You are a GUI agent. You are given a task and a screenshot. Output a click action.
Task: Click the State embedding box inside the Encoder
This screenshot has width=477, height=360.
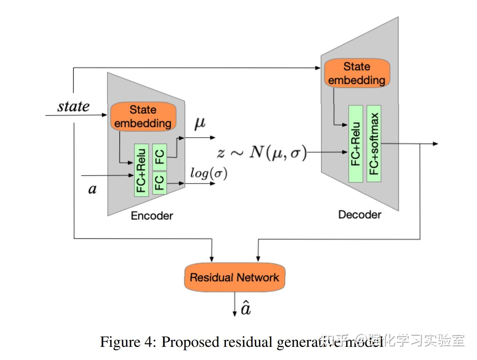coord(143,116)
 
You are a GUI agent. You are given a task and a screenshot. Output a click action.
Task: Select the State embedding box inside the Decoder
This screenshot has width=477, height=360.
coord(357,73)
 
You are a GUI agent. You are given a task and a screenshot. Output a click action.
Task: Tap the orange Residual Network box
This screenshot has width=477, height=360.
coord(234,277)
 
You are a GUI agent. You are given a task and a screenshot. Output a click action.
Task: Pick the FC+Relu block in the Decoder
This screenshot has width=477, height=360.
coord(355,144)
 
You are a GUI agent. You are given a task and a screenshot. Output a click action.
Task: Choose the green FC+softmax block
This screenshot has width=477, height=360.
coord(374,144)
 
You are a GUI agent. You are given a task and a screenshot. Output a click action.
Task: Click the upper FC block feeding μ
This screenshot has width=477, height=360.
coord(159,157)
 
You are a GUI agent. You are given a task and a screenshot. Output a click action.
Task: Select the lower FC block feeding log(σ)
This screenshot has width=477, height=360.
coord(159,183)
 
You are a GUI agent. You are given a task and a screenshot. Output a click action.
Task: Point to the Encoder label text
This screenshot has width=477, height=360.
coord(152,216)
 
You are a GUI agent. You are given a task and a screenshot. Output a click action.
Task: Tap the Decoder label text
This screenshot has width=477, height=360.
coord(360,215)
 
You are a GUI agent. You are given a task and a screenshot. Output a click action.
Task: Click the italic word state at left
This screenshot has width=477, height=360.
coord(73,106)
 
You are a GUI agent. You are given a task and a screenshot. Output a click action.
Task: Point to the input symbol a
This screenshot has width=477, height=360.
coord(92,189)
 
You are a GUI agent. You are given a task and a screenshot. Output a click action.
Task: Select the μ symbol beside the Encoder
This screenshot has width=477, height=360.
coord(200,123)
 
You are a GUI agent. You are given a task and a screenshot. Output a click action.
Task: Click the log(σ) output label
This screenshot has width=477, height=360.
coord(208,173)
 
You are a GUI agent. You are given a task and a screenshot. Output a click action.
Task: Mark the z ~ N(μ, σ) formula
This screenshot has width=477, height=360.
coord(261,153)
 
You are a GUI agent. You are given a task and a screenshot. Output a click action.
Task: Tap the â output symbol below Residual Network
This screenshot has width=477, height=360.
coord(246,308)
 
